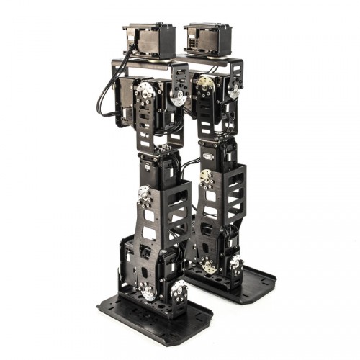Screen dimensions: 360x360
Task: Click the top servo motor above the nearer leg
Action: pos(150,40)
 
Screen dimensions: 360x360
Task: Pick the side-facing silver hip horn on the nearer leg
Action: pos(178,97)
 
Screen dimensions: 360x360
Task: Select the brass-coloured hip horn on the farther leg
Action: pos(206,84)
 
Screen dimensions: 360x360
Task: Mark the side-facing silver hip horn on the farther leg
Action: pos(234,91)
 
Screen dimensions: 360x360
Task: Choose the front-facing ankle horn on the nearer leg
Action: pos(148,291)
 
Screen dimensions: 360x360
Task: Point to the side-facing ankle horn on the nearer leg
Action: pos(178,292)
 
